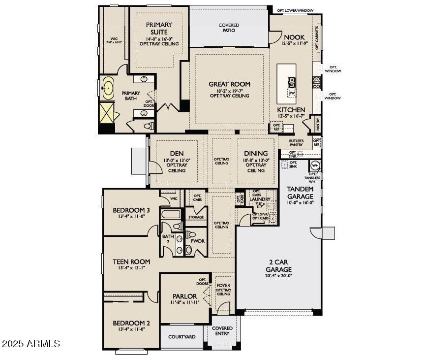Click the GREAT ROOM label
[229, 84]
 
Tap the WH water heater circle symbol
[315, 165]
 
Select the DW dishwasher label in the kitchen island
[292, 93]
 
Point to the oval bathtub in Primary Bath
[108, 89]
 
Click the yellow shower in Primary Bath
[107, 112]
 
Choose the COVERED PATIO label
[229, 28]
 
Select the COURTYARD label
[182, 337]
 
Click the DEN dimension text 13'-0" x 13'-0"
[177, 160]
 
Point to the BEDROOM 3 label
[131, 210]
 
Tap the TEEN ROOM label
[131, 262]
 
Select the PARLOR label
[184, 296]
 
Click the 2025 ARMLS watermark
[31, 343]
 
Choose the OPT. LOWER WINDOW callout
[295, 10]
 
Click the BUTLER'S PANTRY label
[296, 143]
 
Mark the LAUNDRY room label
[260, 199]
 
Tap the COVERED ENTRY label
[222, 331]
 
